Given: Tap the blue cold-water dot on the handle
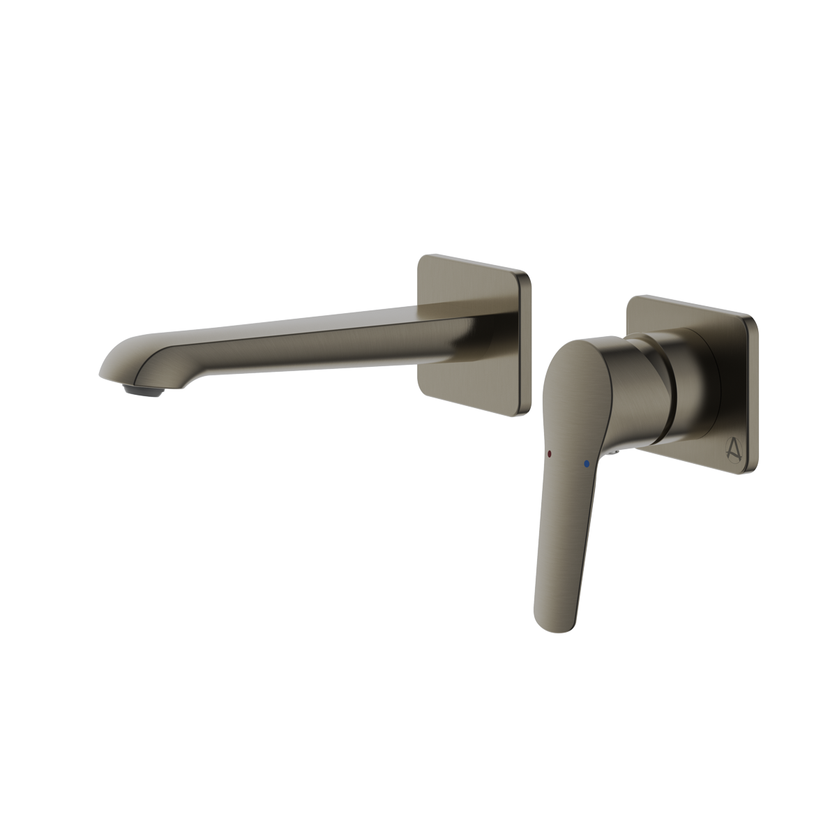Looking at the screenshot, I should [588, 462].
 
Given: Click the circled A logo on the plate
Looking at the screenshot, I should [726, 453].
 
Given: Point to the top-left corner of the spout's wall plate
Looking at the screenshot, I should [423, 259].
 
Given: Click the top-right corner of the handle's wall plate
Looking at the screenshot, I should [751, 322].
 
